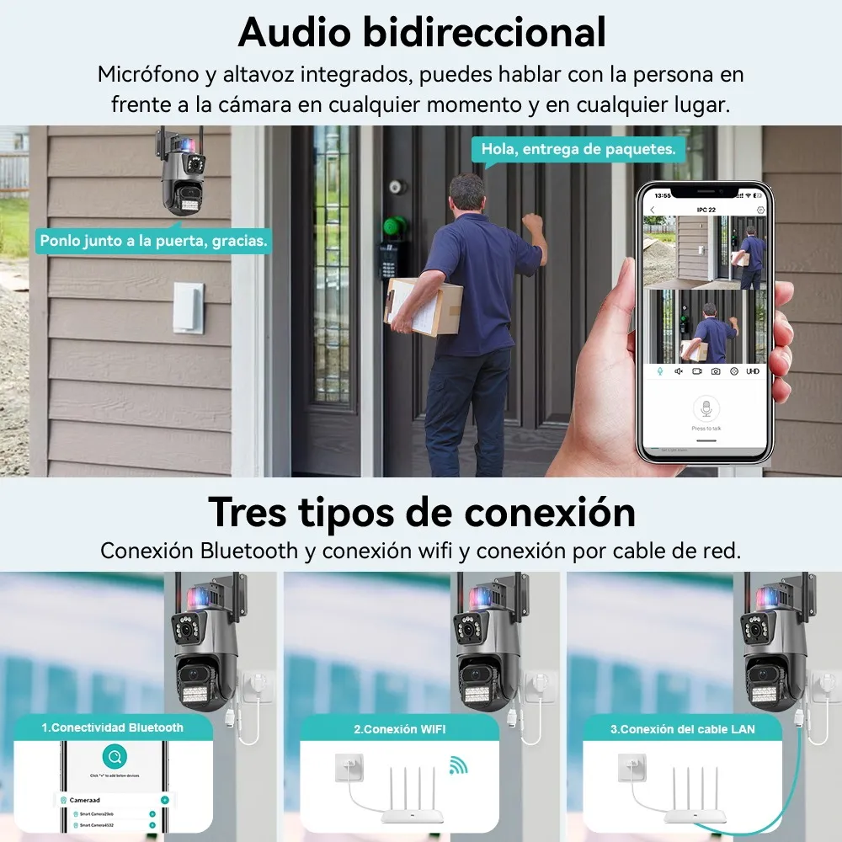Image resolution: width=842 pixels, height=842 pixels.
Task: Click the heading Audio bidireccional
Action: pos(422,33)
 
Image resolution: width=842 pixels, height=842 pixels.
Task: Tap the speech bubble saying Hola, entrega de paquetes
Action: pos(578,149)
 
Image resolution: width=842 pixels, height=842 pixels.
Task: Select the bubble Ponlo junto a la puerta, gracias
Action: pos(154,241)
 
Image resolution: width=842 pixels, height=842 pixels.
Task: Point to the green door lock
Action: pos(394,226)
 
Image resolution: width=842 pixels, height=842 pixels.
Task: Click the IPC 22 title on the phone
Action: pos(706,208)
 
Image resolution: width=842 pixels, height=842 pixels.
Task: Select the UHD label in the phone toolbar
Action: pos(752,371)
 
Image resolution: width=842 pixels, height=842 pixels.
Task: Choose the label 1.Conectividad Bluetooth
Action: pos(112,727)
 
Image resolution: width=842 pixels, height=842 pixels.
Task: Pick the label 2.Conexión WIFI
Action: pos(400,728)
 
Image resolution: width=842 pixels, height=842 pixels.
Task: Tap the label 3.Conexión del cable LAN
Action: pos(683,728)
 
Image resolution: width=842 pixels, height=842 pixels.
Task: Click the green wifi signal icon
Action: pos(458,765)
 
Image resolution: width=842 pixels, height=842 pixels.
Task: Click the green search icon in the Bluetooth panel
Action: pos(112,755)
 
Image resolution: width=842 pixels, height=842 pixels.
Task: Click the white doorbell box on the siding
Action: pos(188,307)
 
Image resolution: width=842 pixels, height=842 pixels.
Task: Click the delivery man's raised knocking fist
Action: pos(532,223)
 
